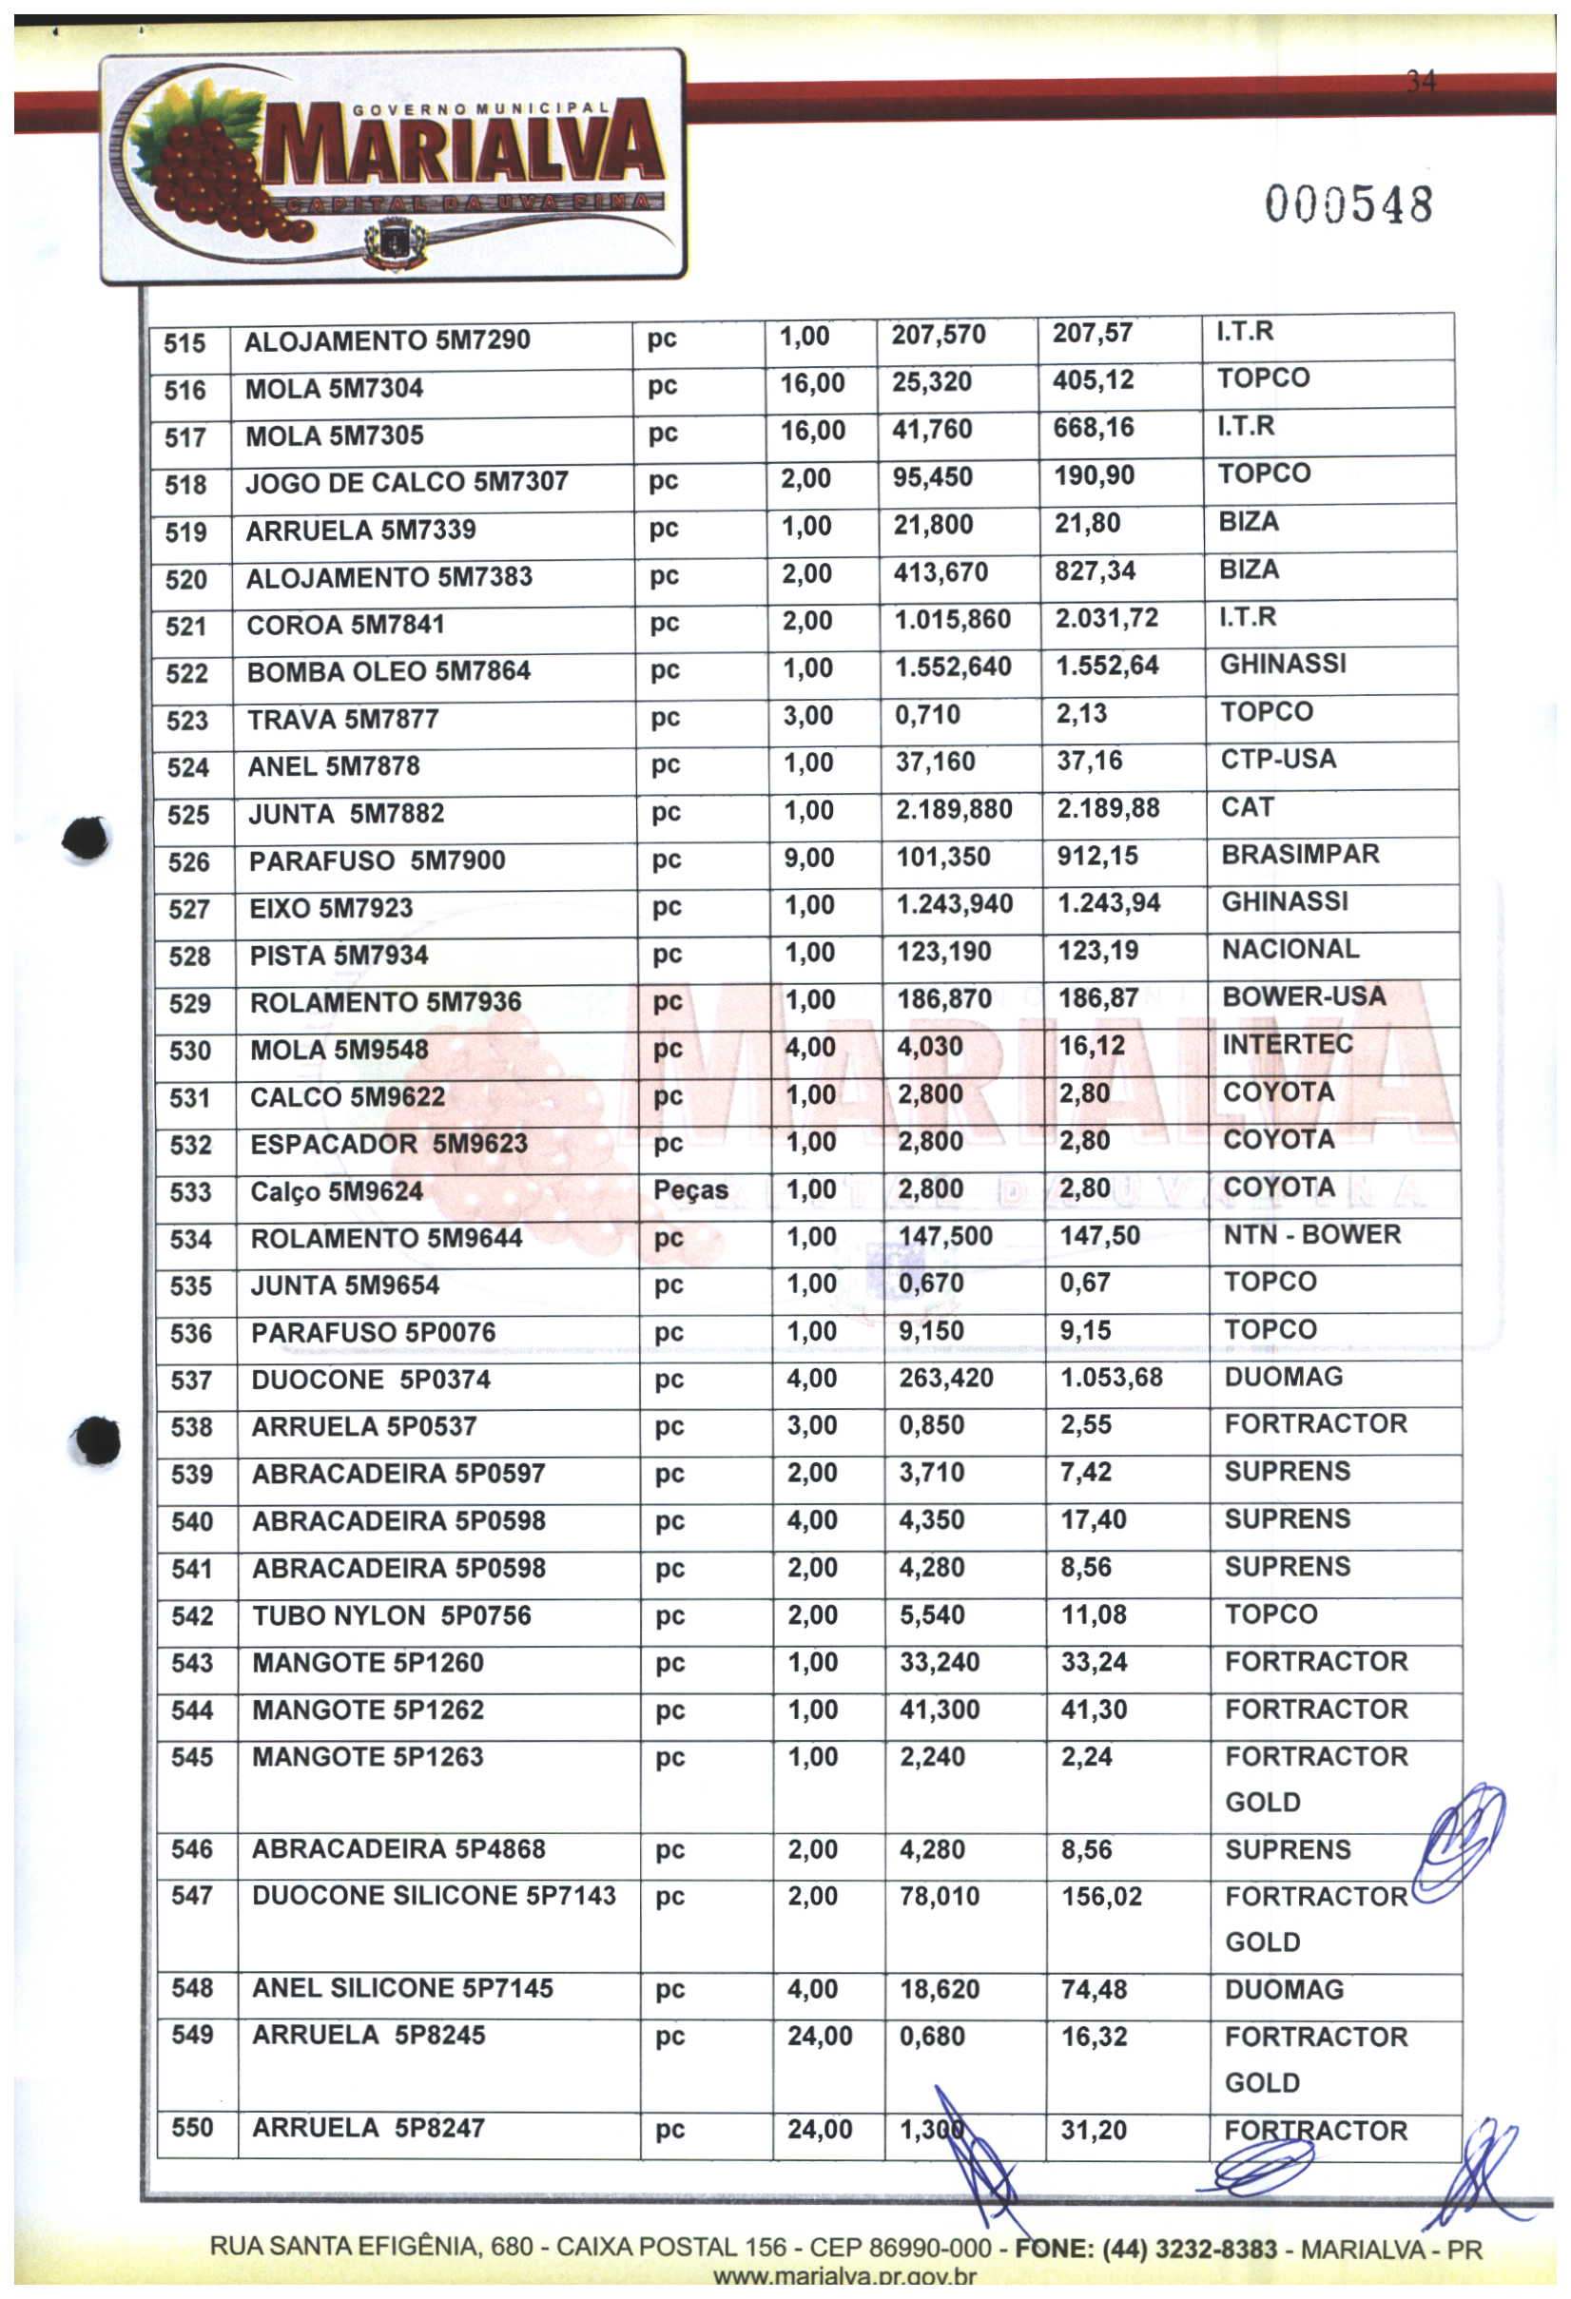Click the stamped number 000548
point(1348,204)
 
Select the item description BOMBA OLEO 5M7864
point(388,671)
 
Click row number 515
point(185,343)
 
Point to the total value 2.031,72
point(1106,618)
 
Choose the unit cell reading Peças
point(690,1190)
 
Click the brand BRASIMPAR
point(1300,854)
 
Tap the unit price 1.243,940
point(955,904)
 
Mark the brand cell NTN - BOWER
point(1311,1234)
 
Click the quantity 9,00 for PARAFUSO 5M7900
point(809,858)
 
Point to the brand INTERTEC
point(1287,1044)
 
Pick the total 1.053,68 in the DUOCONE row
point(1111,1377)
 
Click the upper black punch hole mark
point(87,838)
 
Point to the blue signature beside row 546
point(1459,1842)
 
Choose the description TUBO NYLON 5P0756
point(391,1615)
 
